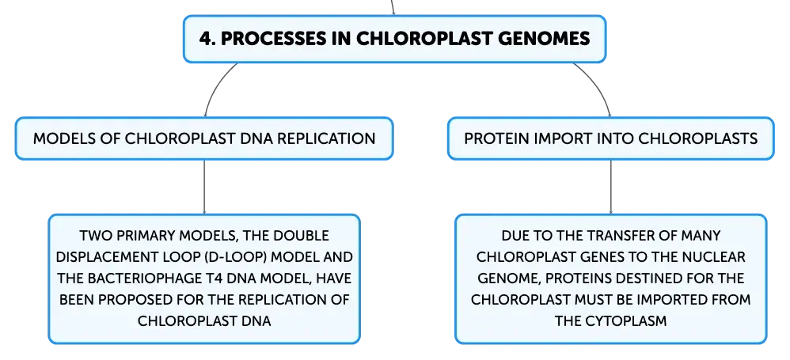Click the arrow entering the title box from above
tap(392, 8)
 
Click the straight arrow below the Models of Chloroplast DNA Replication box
tap(204, 187)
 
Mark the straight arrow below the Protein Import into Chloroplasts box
tap(610, 187)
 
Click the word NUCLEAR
tap(715, 257)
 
